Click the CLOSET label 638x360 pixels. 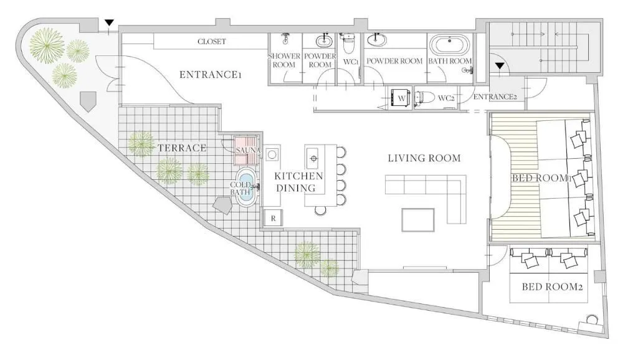212,42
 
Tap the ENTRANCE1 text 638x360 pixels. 211,75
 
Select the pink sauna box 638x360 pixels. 246,151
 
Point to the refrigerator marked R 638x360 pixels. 273,218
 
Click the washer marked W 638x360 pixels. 401,98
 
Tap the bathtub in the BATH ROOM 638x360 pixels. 450,45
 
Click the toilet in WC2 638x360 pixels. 423,98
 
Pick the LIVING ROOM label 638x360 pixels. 424,158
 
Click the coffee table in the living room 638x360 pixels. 418,220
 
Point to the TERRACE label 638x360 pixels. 182,148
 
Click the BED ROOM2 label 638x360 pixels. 552,287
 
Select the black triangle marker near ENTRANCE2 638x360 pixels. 500,66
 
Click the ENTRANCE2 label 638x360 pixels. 495,97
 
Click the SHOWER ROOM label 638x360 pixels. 284,60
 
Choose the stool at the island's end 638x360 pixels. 321,210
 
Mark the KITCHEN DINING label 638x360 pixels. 298,182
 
